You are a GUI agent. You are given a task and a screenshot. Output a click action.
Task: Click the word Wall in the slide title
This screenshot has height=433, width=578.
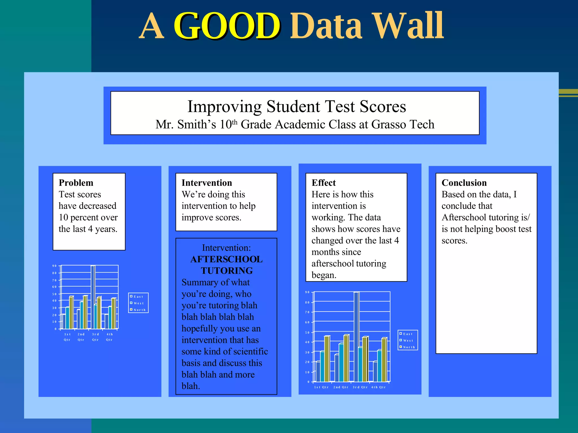point(408,26)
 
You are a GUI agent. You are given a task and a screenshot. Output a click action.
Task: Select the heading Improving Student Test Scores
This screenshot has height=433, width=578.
point(297,107)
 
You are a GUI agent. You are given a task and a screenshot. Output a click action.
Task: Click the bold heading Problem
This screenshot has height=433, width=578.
point(76,183)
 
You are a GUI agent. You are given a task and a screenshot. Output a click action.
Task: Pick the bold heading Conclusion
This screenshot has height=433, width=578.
point(464,183)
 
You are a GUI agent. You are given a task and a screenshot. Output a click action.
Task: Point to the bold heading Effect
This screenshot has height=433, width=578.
point(323,183)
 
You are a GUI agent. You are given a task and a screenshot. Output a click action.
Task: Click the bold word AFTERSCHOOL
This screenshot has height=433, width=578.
point(226,259)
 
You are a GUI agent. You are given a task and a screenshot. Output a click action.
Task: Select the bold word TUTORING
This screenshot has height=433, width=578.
point(227,271)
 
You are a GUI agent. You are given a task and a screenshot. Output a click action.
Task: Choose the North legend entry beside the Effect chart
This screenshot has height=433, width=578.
point(409,347)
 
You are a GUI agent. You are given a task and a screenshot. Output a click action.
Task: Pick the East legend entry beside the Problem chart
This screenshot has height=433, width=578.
point(138,297)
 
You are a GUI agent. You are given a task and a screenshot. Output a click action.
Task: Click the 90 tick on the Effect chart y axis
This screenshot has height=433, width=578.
point(307,292)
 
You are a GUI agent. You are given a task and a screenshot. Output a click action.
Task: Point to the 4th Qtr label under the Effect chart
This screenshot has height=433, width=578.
point(378,387)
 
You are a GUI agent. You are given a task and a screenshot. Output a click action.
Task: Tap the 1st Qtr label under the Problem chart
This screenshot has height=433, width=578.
point(67,337)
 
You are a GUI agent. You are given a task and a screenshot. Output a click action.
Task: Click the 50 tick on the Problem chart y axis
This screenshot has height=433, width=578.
point(54,294)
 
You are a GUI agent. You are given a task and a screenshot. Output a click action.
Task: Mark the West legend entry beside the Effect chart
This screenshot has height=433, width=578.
point(408,341)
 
